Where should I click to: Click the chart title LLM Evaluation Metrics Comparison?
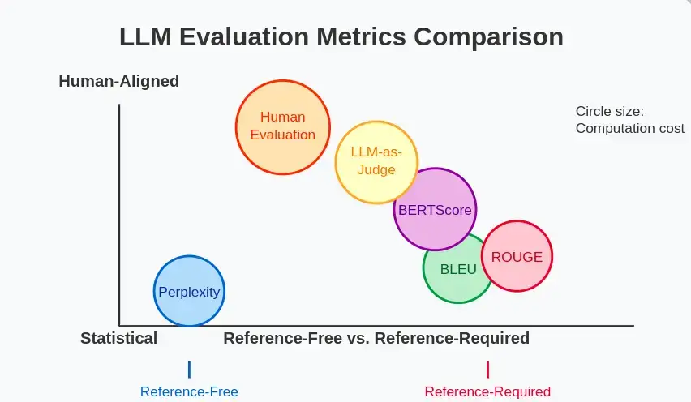(341, 37)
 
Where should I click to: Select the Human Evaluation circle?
(283, 126)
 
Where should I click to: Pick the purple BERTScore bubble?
(435, 209)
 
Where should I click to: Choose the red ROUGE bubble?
(517, 257)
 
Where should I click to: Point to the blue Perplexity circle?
(189, 292)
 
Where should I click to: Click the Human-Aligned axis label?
(118, 81)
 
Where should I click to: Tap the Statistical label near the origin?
(118, 338)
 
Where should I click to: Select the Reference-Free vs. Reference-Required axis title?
(376, 338)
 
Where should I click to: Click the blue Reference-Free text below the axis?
(189, 391)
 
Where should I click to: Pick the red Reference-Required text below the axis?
(487, 391)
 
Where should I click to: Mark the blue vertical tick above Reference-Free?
(189, 370)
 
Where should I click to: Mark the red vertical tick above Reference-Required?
(487, 370)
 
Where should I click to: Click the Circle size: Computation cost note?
(629, 120)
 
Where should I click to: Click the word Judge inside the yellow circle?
(376, 169)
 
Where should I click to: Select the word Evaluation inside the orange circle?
(283, 135)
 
